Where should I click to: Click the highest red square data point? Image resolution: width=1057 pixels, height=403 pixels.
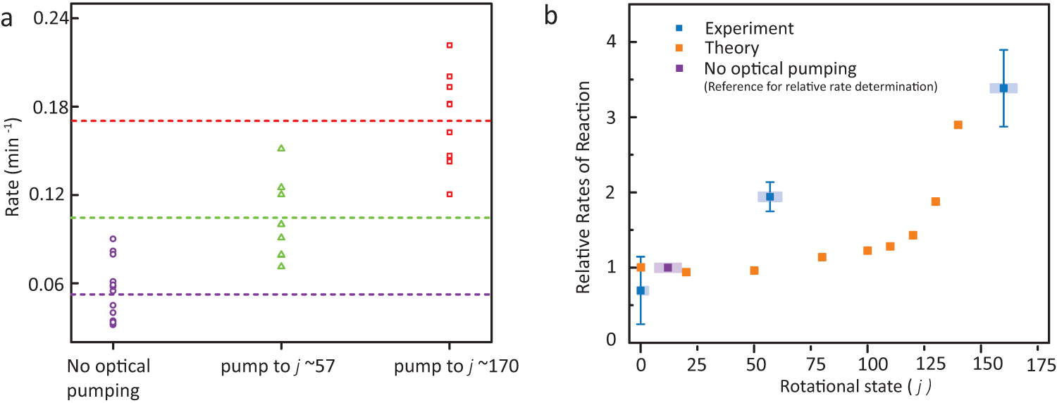tap(449, 45)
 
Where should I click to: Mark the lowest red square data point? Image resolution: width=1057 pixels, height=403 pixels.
tap(449, 194)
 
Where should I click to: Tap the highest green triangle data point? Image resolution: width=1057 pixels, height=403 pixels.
tap(281, 148)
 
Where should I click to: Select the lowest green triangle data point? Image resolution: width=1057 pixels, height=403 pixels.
tap(281, 266)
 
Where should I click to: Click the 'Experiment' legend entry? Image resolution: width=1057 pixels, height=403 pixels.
tap(749, 28)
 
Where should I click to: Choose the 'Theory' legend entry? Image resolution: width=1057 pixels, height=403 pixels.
tap(731, 48)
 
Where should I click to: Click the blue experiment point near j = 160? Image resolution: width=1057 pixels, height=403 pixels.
tap(1003, 88)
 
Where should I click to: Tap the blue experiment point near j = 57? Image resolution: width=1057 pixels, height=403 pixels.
tap(770, 197)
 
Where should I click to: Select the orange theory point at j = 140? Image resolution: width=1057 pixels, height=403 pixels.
tap(958, 125)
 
